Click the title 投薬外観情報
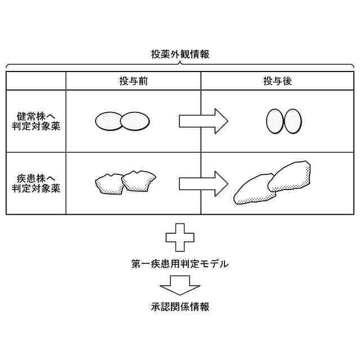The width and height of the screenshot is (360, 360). click(180, 55)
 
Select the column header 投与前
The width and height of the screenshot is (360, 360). click(133, 82)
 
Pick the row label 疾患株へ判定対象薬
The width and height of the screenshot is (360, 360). click(36, 183)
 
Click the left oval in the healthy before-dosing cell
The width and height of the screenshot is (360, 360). click(109, 121)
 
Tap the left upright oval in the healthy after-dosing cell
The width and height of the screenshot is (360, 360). click(274, 121)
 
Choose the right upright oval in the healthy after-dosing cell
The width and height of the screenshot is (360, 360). click(292, 120)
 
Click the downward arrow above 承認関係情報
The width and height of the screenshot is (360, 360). click(179, 286)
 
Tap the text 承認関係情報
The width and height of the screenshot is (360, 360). click(179, 307)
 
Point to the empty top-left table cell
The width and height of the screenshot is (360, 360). click(36, 82)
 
